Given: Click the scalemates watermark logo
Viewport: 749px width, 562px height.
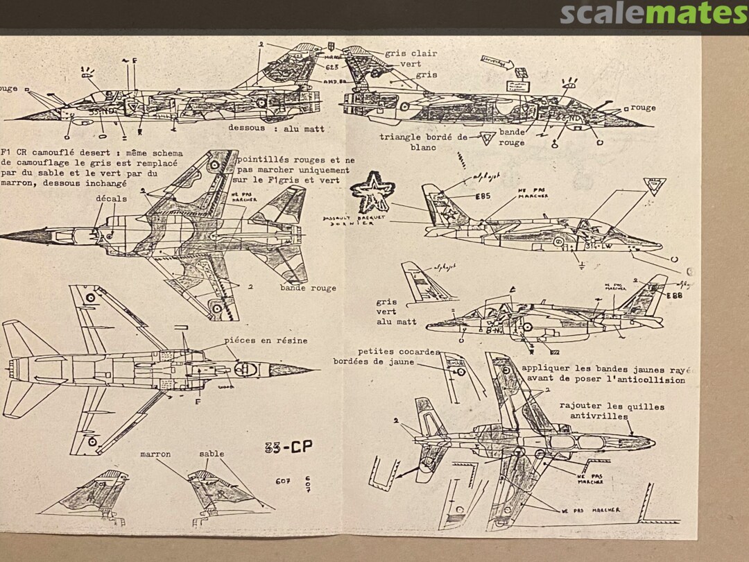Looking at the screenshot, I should click(x=653, y=13).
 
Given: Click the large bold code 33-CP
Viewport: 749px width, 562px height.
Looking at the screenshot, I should click(x=289, y=448).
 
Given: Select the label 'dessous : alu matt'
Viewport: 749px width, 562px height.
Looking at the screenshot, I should click(x=276, y=129).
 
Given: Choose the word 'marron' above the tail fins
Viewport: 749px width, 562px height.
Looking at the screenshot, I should click(x=155, y=454).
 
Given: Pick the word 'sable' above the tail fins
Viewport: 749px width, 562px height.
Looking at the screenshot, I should click(x=212, y=454).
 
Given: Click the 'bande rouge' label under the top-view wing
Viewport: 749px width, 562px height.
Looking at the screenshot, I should click(x=308, y=288).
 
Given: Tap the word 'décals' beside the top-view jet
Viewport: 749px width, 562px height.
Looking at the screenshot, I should click(x=112, y=198).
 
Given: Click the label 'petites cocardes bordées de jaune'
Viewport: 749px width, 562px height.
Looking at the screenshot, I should click(x=373, y=357).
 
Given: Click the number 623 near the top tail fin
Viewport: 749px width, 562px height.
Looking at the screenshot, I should click(x=333, y=67).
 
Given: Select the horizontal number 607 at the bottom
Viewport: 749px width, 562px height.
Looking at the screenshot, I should click(x=282, y=483).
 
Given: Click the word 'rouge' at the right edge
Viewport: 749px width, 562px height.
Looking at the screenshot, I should click(x=643, y=108).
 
